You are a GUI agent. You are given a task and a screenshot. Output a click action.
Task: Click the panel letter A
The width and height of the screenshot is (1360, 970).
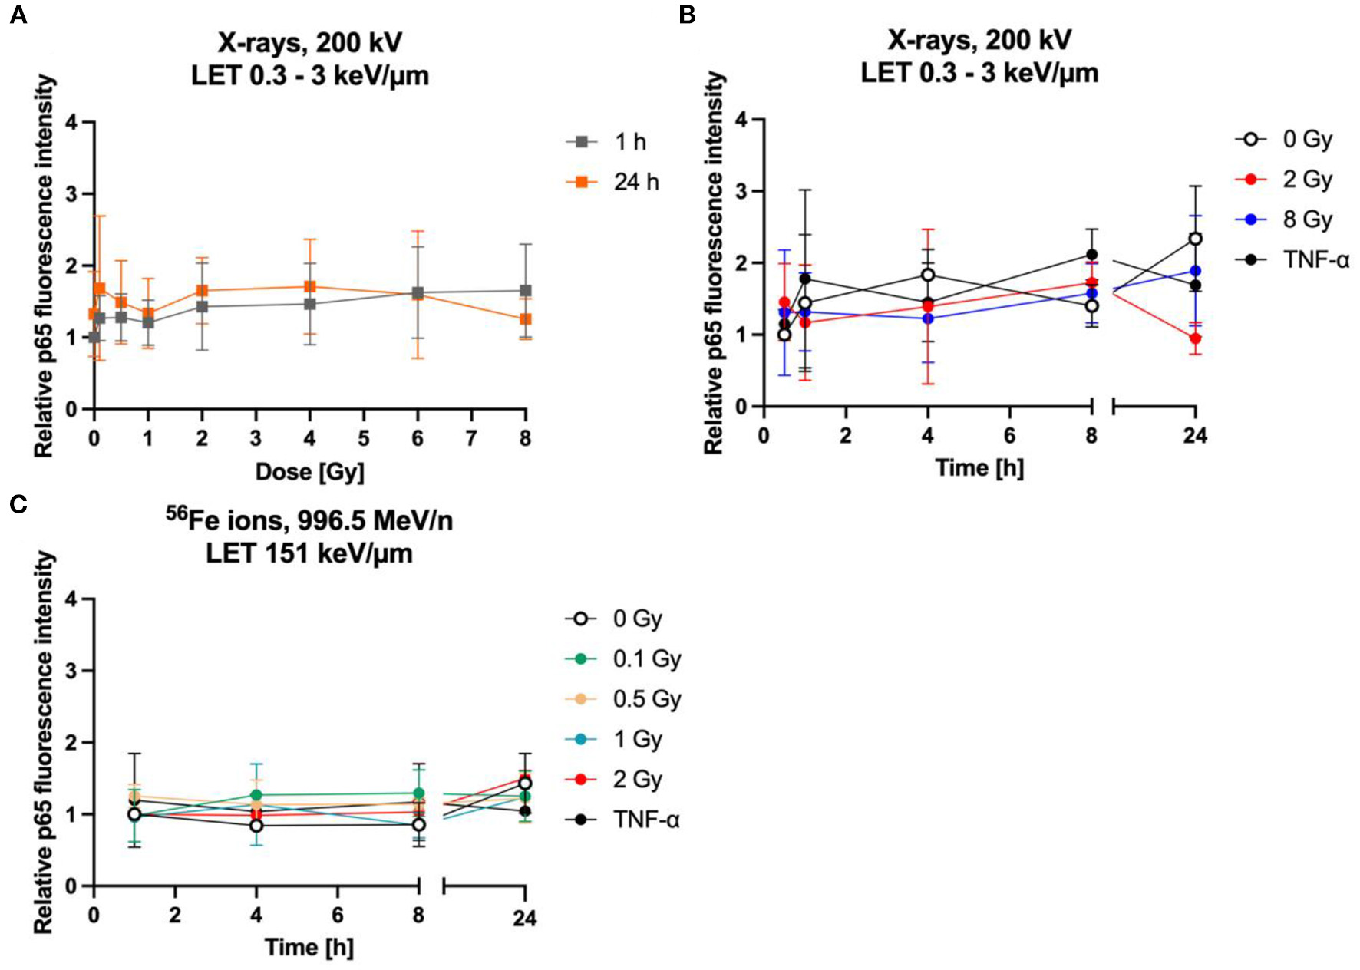click(x=18, y=15)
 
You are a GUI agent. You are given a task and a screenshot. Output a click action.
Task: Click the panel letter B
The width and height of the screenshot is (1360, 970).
click(x=688, y=15)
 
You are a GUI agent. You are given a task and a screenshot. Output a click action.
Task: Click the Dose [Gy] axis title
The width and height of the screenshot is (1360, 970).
click(x=309, y=472)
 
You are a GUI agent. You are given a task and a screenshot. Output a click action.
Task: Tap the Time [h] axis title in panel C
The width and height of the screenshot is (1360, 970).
click(x=309, y=947)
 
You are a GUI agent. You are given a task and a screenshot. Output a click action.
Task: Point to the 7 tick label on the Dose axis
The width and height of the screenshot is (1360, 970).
click(x=471, y=439)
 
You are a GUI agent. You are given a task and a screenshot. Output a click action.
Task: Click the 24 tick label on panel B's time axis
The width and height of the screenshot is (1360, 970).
click(x=1194, y=436)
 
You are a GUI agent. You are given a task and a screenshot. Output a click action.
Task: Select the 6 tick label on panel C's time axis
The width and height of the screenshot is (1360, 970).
click(x=337, y=916)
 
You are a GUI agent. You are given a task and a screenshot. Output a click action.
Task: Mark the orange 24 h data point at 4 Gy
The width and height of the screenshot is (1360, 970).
click(x=309, y=286)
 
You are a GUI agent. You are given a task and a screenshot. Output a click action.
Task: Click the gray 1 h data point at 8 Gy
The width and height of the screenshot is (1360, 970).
click(x=526, y=291)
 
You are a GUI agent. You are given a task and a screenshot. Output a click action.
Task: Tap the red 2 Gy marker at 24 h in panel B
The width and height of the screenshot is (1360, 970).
click(x=1195, y=338)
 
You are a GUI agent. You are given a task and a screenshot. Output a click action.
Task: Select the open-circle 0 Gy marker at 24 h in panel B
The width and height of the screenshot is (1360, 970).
click(x=1195, y=239)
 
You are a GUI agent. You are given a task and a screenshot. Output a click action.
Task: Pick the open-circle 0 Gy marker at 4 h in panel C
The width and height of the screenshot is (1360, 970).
click(x=256, y=826)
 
